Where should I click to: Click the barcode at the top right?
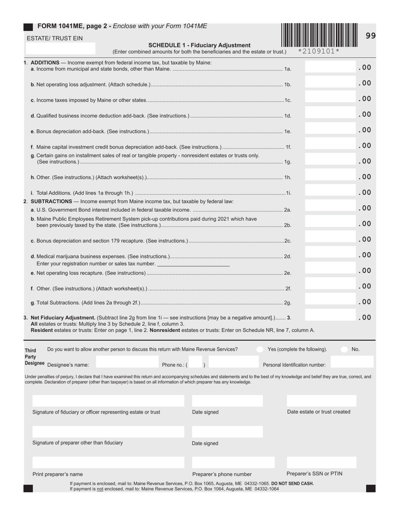tap(320, 35)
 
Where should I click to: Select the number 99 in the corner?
tap(370, 36)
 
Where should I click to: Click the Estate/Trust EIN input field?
tap(60, 48)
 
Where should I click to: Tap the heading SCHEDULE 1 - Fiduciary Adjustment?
tap(199, 45)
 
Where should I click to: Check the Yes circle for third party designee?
tap(260, 349)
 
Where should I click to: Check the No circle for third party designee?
tap(344, 349)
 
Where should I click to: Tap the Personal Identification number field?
tap(352, 362)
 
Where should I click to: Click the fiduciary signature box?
tap(108, 401)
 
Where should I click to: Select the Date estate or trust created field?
tap(321, 401)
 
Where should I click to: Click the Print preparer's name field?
tap(108, 462)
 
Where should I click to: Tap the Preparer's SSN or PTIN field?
tap(321, 462)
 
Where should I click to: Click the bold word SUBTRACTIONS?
tap(51, 201)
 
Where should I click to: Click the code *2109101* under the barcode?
tap(318, 51)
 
